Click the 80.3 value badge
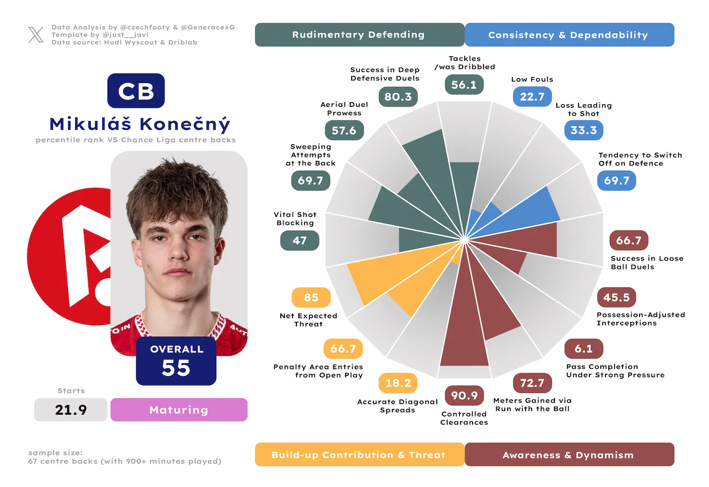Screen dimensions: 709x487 point(398,96)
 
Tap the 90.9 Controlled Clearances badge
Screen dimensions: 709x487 point(464,395)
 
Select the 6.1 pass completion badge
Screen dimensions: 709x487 point(584,348)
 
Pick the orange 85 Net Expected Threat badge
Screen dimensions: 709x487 point(311,297)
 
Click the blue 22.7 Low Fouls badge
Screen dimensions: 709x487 point(532,96)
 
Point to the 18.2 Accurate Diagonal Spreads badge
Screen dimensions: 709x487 point(398,383)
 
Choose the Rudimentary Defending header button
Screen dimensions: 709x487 point(360,35)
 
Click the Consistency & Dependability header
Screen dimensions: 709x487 point(570,35)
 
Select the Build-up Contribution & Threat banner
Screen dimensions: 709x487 point(360,454)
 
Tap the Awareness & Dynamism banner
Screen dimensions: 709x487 point(570,454)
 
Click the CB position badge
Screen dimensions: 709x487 point(136,91)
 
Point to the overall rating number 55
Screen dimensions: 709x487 point(176,368)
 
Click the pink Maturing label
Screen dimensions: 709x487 point(179,410)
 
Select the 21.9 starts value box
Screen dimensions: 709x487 point(70,410)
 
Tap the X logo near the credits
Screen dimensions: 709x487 point(36,35)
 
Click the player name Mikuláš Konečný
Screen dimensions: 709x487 point(139,124)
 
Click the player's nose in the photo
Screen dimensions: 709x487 point(178,250)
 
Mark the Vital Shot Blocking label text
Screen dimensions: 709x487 point(295,219)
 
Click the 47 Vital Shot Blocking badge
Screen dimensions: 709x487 point(299,241)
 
